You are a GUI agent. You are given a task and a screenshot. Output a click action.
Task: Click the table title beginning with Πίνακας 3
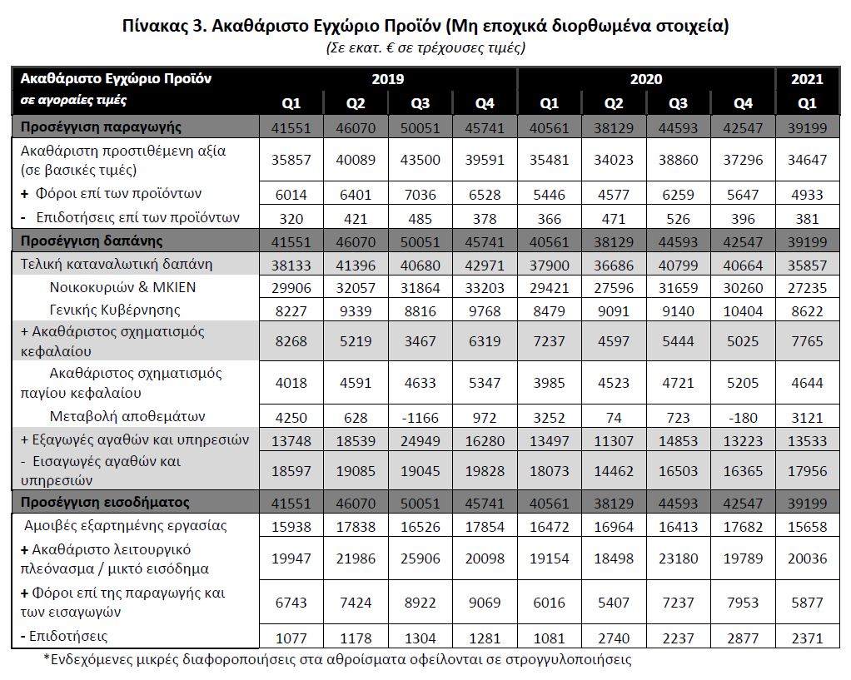[x=425, y=26]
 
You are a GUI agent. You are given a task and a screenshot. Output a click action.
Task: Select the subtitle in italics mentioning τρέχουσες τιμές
[x=425, y=47]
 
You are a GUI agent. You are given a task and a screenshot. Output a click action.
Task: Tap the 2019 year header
[x=387, y=79]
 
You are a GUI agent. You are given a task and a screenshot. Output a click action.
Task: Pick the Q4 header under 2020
[x=743, y=104]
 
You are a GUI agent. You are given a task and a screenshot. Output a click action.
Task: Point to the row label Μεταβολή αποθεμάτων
[x=127, y=416]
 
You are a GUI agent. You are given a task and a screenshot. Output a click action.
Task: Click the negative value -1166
[x=420, y=416]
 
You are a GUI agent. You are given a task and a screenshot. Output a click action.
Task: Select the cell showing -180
[x=743, y=416]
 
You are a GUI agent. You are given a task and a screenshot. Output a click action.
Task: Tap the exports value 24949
[x=420, y=439]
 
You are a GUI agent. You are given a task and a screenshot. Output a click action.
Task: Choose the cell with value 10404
[x=743, y=310]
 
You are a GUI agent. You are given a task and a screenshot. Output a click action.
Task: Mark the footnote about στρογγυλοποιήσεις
[x=337, y=660]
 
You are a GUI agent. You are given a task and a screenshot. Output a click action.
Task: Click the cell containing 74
[x=614, y=416]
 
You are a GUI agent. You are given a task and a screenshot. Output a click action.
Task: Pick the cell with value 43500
[x=420, y=160]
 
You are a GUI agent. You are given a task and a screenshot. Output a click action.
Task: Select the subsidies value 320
[x=290, y=218]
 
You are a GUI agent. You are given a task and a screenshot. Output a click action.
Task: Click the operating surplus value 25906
[x=420, y=559]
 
